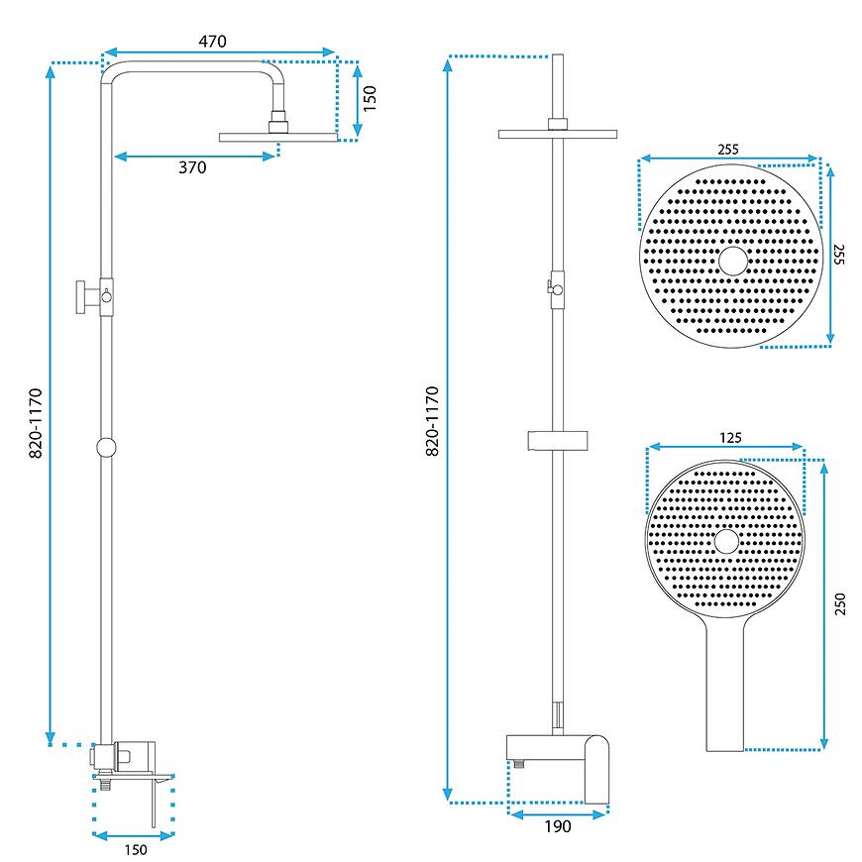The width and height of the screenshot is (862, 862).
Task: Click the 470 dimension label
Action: click(x=212, y=42)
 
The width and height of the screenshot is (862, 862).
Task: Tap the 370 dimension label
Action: click(x=192, y=167)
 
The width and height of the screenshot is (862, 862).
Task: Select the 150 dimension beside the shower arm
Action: click(x=370, y=98)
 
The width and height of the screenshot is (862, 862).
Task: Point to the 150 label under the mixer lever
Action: click(x=136, y=850)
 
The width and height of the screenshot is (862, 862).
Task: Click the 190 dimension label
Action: click(x=558, y=826)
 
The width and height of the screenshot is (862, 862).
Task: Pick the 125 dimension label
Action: click(x=730, y=438)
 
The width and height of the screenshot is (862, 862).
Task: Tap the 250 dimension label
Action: click(x=840, y=603)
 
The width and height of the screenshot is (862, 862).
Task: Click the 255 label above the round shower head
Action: click(x=728, y=149)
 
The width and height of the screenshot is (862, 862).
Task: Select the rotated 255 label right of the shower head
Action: click(x=839, y=255)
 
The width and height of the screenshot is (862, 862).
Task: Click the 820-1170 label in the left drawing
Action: click(x=36, y=423)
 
